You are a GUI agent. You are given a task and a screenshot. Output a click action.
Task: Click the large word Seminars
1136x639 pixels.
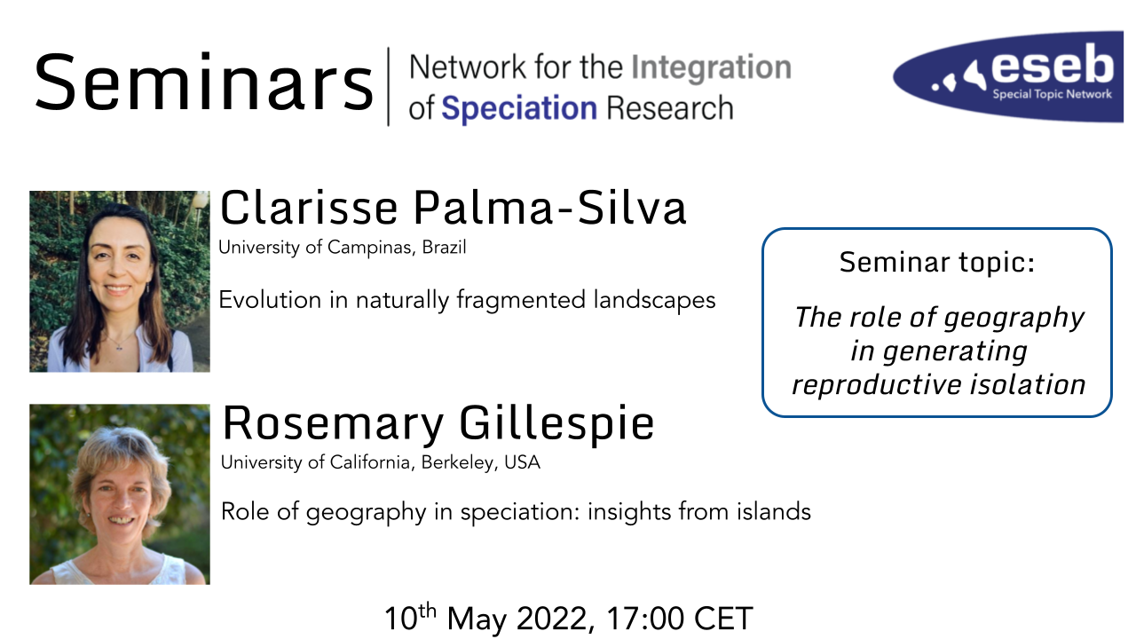pos(204,81)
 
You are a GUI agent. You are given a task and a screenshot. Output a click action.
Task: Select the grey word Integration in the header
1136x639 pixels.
pos(711,69)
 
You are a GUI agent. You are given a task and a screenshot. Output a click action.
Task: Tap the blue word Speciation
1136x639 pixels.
pos(519,108)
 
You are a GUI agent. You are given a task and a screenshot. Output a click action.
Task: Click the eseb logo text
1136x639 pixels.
pos(1053,65)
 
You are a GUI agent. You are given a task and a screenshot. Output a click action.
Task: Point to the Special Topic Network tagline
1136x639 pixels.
pos(1052,94)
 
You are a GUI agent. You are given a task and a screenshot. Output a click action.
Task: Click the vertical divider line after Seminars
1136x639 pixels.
pos(389,86)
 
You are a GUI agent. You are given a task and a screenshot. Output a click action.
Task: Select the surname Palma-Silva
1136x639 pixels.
pos(549,208)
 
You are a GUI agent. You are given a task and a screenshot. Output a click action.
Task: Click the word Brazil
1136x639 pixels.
pos(445,248)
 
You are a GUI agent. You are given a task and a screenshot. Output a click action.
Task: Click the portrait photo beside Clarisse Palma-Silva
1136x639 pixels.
pos(120,281)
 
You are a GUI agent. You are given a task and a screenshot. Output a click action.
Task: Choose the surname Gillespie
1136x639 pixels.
pos(556,423)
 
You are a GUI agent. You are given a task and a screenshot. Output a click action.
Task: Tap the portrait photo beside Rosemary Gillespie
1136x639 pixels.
pos(120,494)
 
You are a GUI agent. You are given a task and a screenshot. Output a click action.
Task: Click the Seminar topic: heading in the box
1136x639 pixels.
pos(937,262)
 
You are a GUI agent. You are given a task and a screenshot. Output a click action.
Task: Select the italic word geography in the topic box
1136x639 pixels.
pos(1014,319)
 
